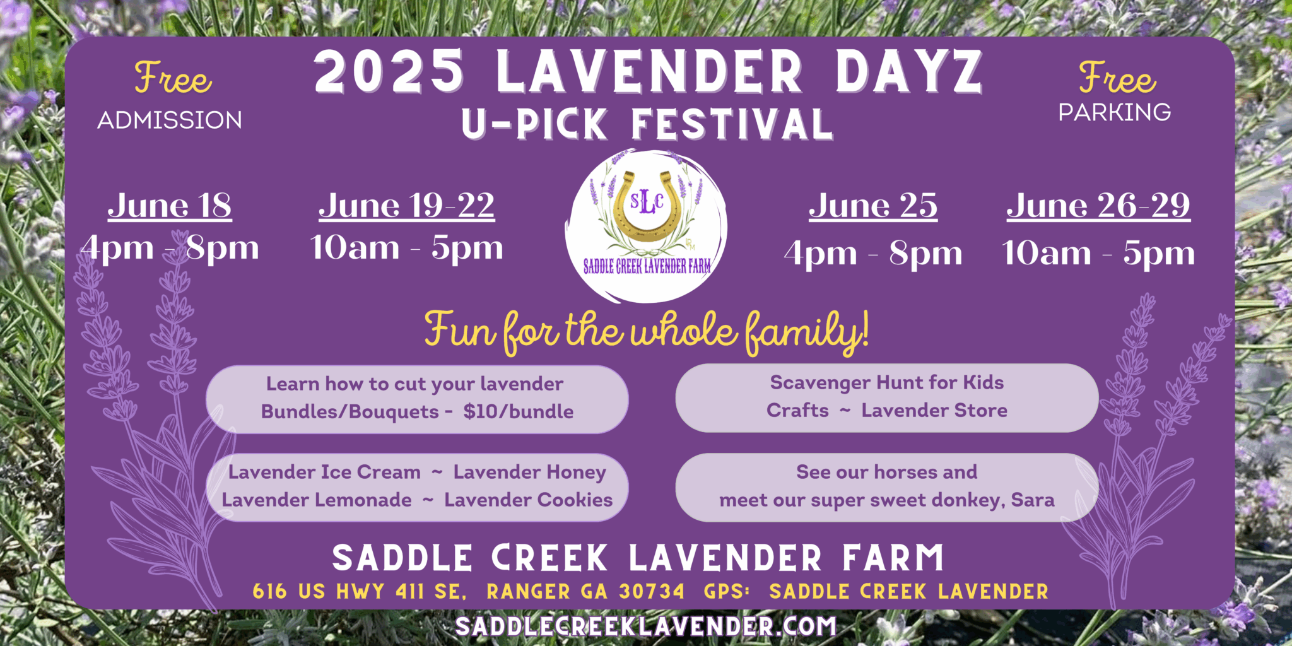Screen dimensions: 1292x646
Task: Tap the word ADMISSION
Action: (170, 120)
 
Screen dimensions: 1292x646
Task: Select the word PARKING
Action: (1115, 112)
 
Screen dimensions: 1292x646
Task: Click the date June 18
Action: (170, 205)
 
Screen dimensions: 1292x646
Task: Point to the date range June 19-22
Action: (407, 205)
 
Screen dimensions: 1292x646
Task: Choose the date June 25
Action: (873, 205)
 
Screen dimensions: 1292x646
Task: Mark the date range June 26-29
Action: (1098, 205)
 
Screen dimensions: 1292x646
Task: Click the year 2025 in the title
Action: (389, 71)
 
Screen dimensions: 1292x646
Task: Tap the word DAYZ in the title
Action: (909, 71)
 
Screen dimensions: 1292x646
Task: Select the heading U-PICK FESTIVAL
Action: (647, 124)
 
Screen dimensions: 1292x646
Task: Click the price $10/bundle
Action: (519, 411)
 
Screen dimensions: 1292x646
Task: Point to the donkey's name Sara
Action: (1033, 500)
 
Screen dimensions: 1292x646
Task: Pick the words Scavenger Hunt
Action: (845, 383)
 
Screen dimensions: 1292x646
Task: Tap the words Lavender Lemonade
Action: (317, 500)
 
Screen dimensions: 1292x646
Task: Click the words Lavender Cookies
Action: (529, 500)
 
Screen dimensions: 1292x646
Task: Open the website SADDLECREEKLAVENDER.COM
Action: (645, 626)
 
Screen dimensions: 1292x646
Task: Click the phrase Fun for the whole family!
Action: (647, 331)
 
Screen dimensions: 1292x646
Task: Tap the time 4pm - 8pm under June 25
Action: (873, 254)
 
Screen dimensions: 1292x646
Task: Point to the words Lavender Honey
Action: (530, 473)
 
